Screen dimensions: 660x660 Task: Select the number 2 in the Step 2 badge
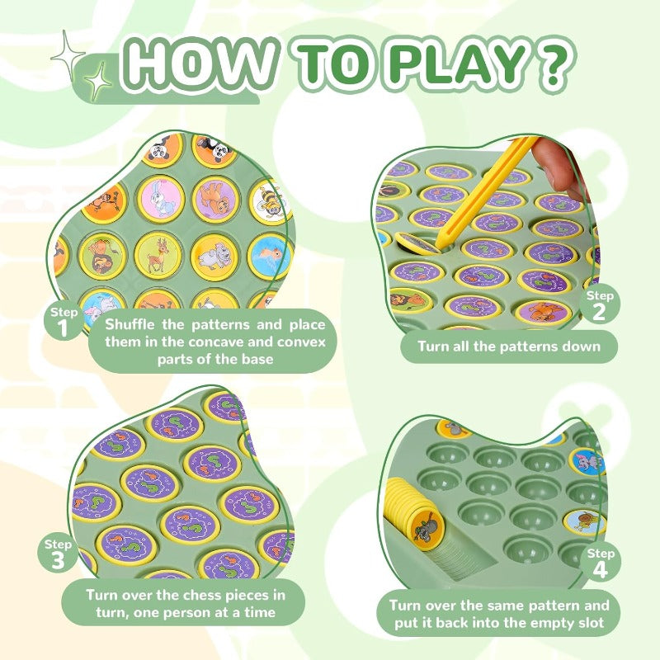(x=601, y=312)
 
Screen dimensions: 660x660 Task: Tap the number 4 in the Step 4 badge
(x=601, y=570)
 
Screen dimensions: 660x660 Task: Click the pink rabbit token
(x=161, y=198)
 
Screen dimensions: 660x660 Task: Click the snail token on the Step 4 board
(x=584, y=521)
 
